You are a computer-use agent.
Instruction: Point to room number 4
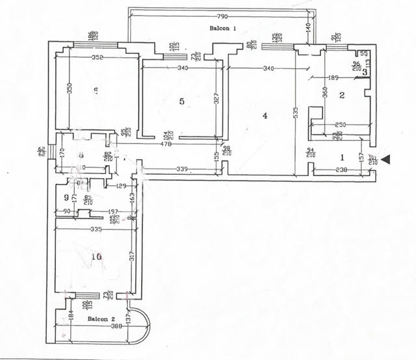pos(265,116)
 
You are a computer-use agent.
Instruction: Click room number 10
pos(97,257)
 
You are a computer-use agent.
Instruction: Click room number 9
pos(66,197)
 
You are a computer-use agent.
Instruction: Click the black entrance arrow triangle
pos(387,159)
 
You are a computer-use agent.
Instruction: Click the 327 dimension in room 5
pos(217,99)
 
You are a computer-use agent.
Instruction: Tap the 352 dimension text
pos(97,57)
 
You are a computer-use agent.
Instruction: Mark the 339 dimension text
pos(181,170)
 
